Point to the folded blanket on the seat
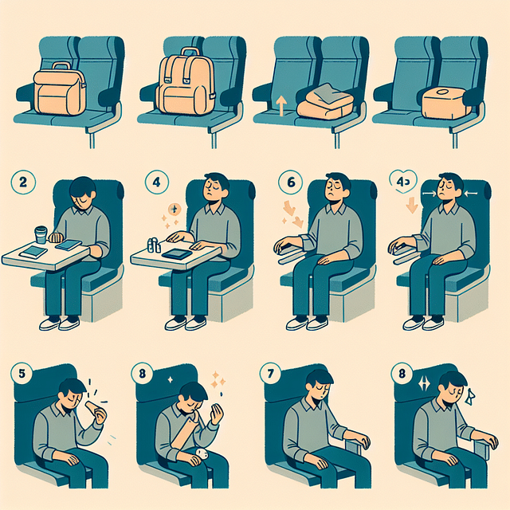pyautogui.click(x=323, y=100)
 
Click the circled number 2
pyautogui.click(x=22, y=182)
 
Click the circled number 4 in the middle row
pyautogui.click(x=156, y=182)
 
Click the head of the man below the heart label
pyautogui.click(x=451, y=191)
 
